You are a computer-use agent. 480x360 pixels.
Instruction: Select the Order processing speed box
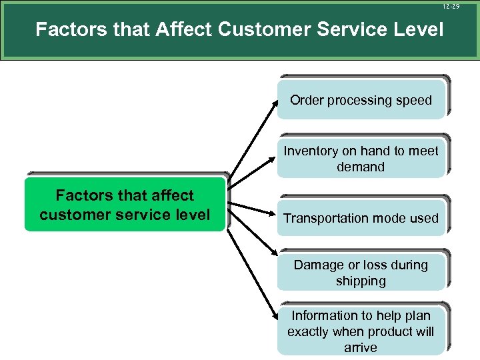pos(361,101)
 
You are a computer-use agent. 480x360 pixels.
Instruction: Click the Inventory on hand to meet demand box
pos(361,159)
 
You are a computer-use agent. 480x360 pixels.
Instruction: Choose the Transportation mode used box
pos(361,218)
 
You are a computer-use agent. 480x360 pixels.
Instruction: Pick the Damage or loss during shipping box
pos(361,273)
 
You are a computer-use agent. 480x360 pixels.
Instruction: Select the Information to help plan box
pos(361,331)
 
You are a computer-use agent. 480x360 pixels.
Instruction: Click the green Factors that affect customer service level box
pos(125,205)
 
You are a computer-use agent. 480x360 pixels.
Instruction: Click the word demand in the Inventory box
pos(361,167)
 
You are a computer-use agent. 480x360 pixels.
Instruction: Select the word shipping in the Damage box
pos(361,281)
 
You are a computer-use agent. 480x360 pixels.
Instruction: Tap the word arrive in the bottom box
pos(361,347)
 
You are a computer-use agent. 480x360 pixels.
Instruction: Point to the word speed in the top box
pos(414,101)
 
